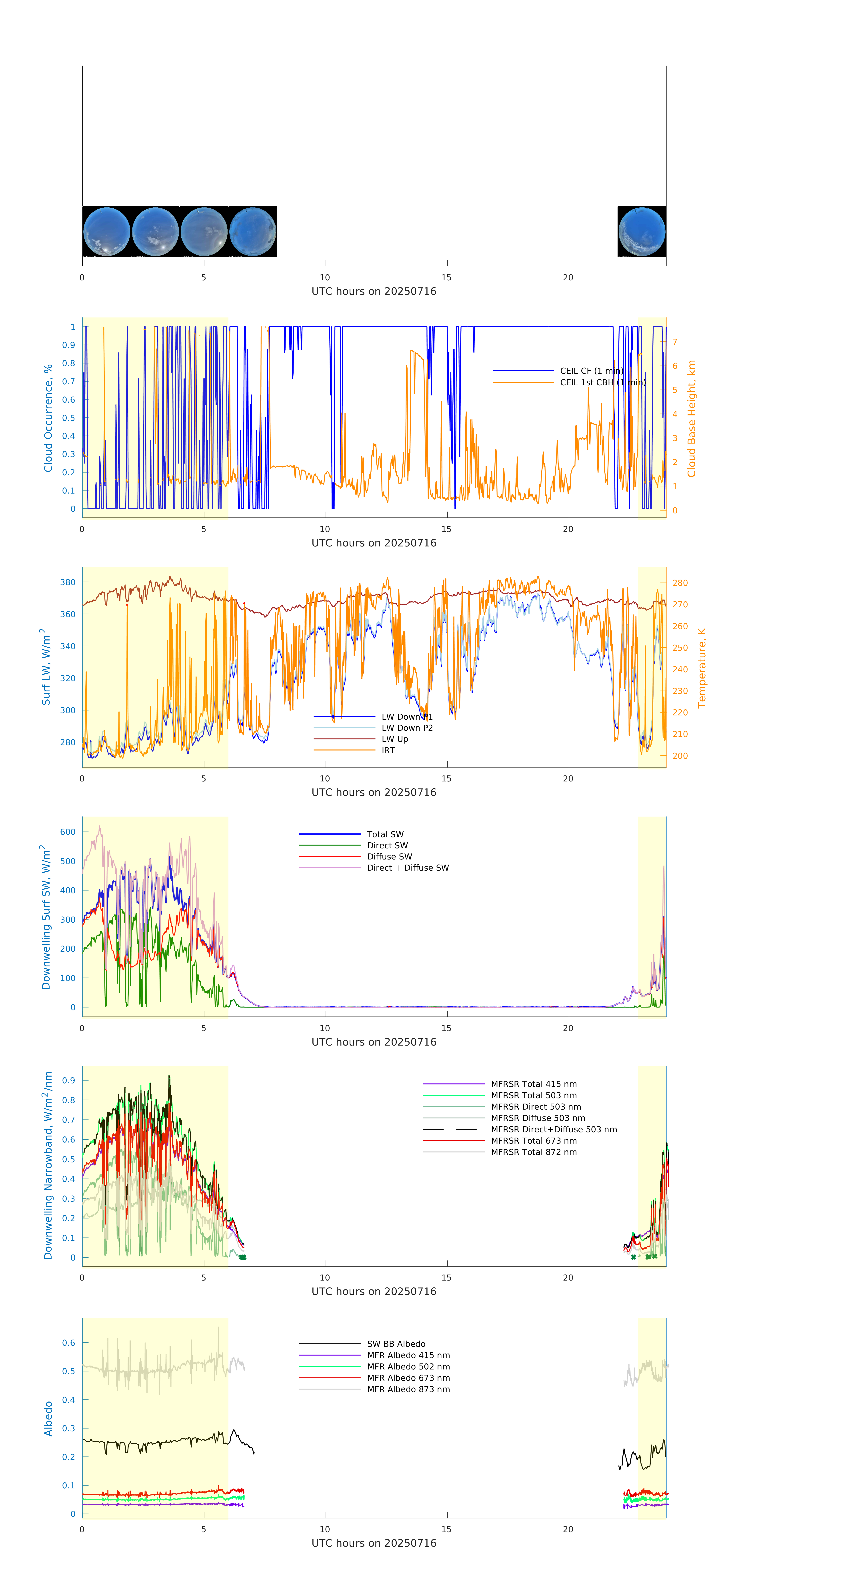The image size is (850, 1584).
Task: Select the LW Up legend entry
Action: point(395,739)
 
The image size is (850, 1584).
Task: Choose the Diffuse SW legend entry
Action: point(390,857)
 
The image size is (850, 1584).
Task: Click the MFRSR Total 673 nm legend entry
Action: point(534,1141)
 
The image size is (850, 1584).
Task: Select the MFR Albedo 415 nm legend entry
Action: point(408,1355)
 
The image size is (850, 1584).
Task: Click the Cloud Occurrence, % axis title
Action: point(48,418)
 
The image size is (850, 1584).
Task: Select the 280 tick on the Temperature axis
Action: point(680,583)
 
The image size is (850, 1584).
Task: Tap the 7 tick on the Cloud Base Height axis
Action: point(675,342)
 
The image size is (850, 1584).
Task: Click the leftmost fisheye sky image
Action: point(106,232)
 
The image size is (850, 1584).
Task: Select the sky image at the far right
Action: point(642,232)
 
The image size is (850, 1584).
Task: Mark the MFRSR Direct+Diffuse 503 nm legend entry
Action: point(554,1130)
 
